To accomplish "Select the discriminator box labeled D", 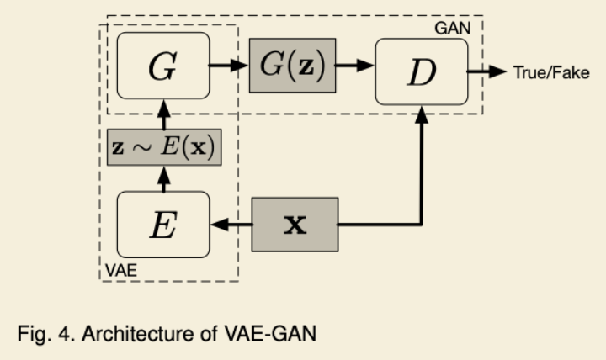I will (x=422, y=71).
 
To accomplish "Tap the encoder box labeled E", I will (x=162, y=225).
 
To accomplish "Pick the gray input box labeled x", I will (x=295, y=225).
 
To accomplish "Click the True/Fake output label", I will (x=550, y=72).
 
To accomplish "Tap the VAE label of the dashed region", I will (x=119, y=272).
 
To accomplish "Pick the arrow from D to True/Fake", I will (x=486, y=71).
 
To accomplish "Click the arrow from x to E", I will (x=231, y=225).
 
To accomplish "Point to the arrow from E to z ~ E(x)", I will (x=162, y=178).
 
